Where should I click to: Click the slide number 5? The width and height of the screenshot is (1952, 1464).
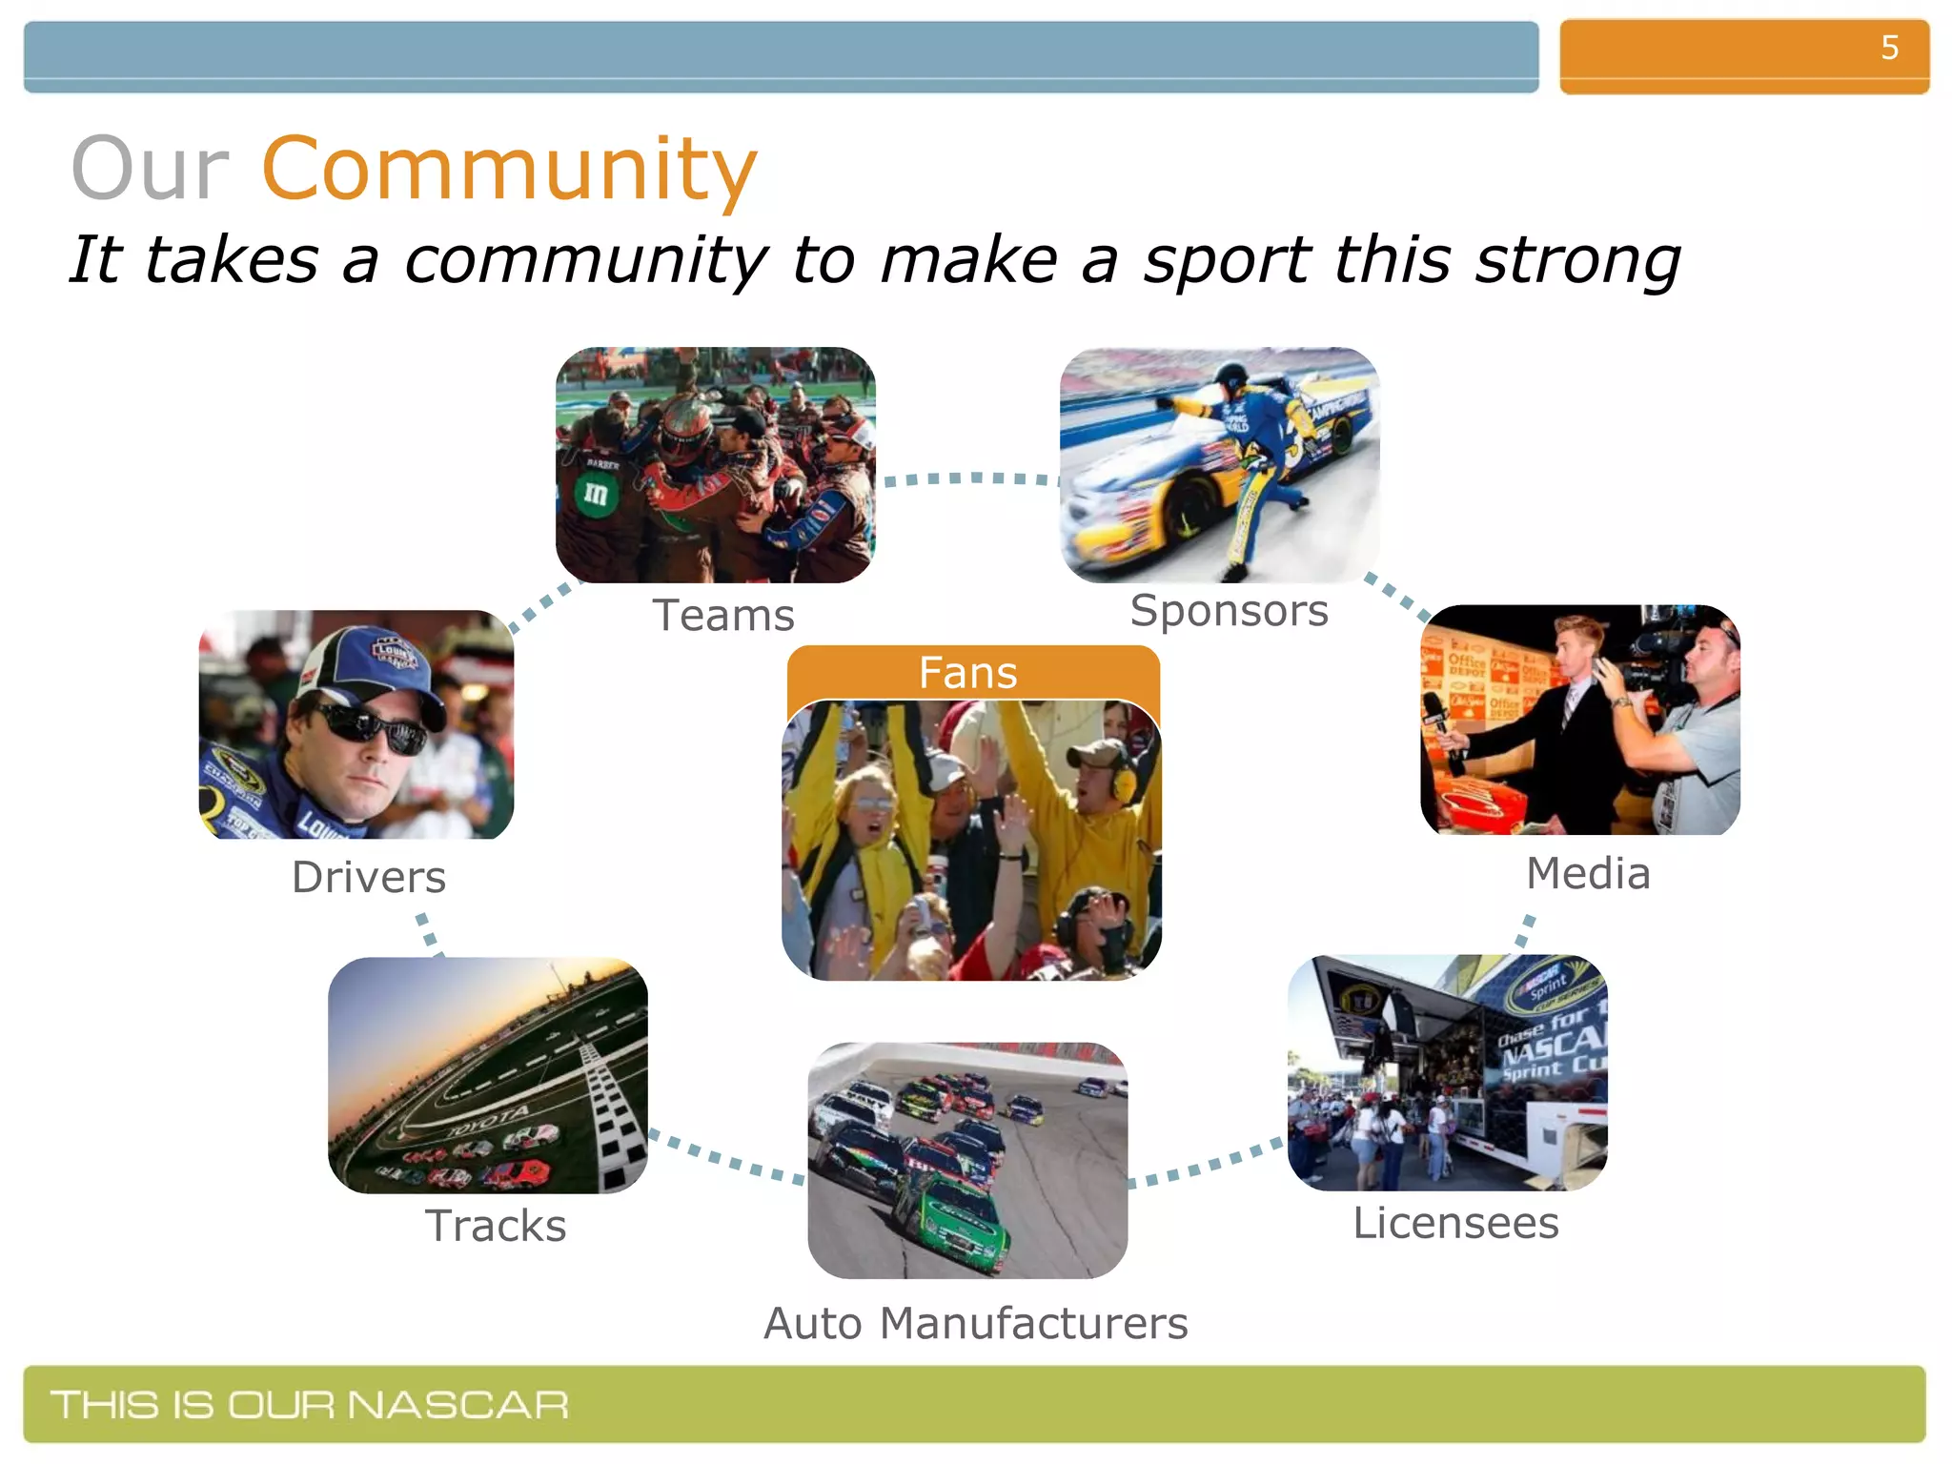pos(1889,48)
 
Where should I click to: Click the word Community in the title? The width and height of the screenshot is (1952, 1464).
pos(509,170)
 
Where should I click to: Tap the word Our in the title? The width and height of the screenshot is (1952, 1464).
pos(151,170)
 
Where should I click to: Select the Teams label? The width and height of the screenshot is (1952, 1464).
pos(723,616)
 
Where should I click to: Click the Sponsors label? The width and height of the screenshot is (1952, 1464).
pos(1229,611)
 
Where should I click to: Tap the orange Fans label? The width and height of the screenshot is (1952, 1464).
pos(968,673)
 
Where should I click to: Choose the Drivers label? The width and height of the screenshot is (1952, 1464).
pos(369,877)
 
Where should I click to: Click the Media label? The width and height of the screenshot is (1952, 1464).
pos(1588,873)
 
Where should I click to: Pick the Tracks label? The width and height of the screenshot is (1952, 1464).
pos(496,1226)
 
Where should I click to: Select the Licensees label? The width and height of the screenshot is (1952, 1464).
pos(1455,1223)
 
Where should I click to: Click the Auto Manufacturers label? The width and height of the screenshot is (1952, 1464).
pos(976,1323)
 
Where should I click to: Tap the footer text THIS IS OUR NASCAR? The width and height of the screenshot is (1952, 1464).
pos(310,1405)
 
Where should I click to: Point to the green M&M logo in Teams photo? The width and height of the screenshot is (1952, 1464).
pos(596,494)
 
